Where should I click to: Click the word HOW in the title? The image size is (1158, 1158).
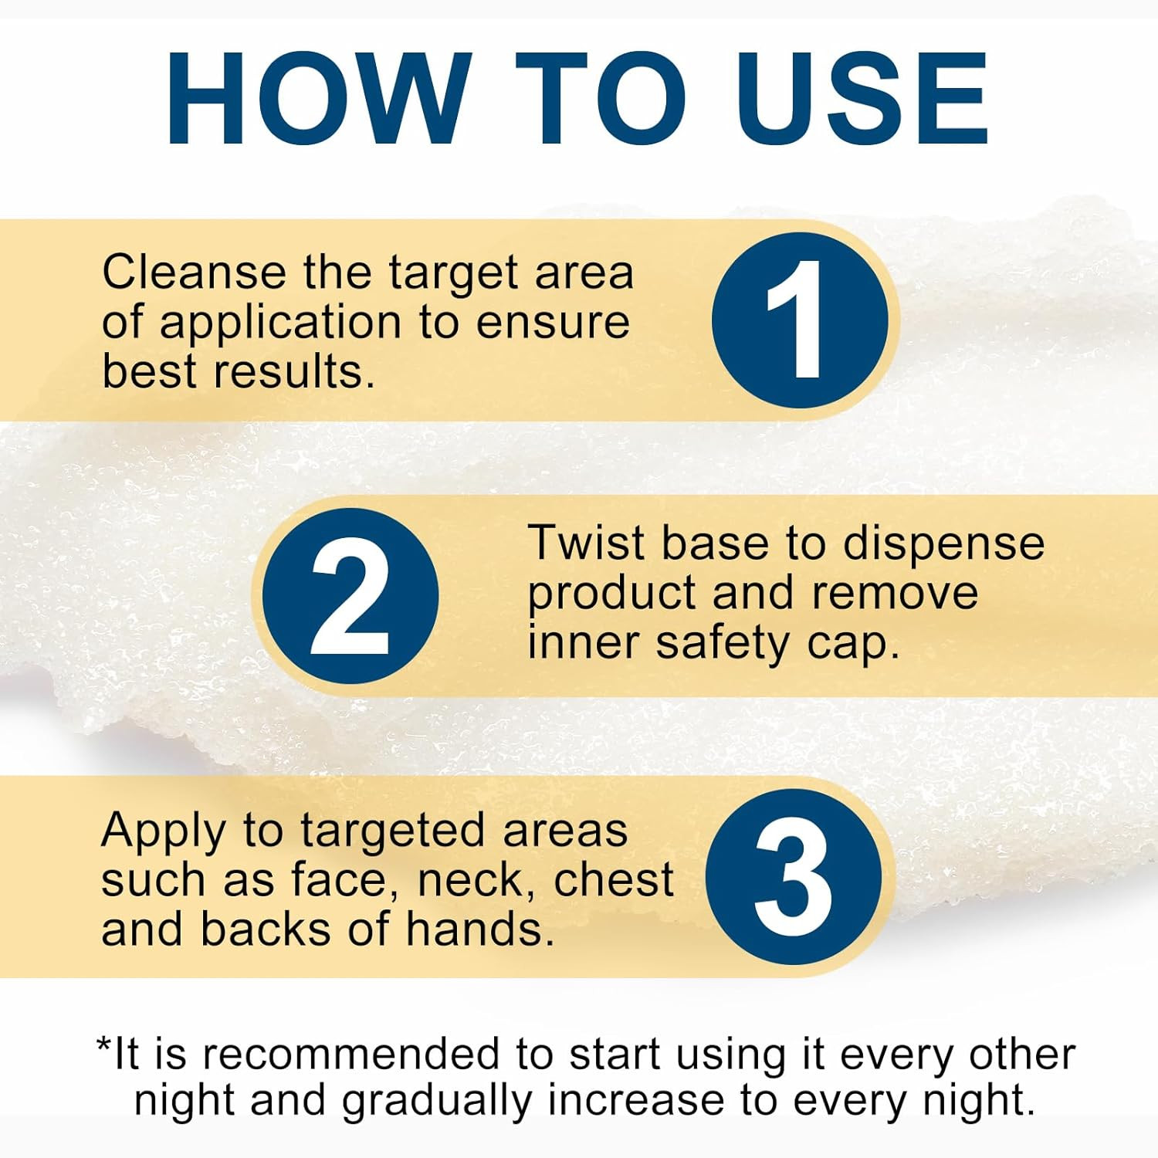319,99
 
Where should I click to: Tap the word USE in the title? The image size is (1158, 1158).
863,99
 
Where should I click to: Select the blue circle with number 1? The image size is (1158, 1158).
801,320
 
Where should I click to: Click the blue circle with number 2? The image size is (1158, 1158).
350,596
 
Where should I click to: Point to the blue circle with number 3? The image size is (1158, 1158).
794,877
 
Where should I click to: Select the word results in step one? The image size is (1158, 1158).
294,371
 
